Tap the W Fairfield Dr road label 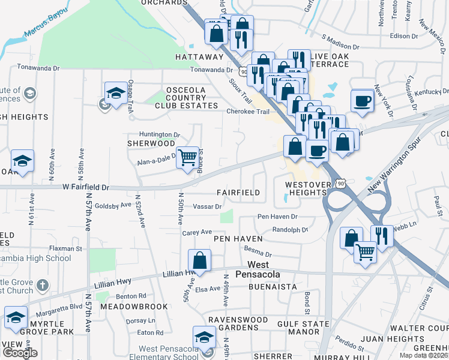pyautogui.click(x=86, y=187)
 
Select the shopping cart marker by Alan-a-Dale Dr pyautogui.click(x=188, y=158)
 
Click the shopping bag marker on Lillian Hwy pyautogui.click(x=199, y=261)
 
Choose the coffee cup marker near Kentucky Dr pyautogui.click(x=362, y=101)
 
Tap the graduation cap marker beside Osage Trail pyautogui.click(x=115, y=93)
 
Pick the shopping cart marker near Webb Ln pyautogui.click(x=364, y=252)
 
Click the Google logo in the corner pyautogui.click(x=20, y=353)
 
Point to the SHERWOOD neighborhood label pyautogui.click(x=151, y=144)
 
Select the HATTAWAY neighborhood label pyautogui.click(x=199, y=57)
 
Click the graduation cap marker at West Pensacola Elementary pyautogui.click(x=204, y=338)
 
